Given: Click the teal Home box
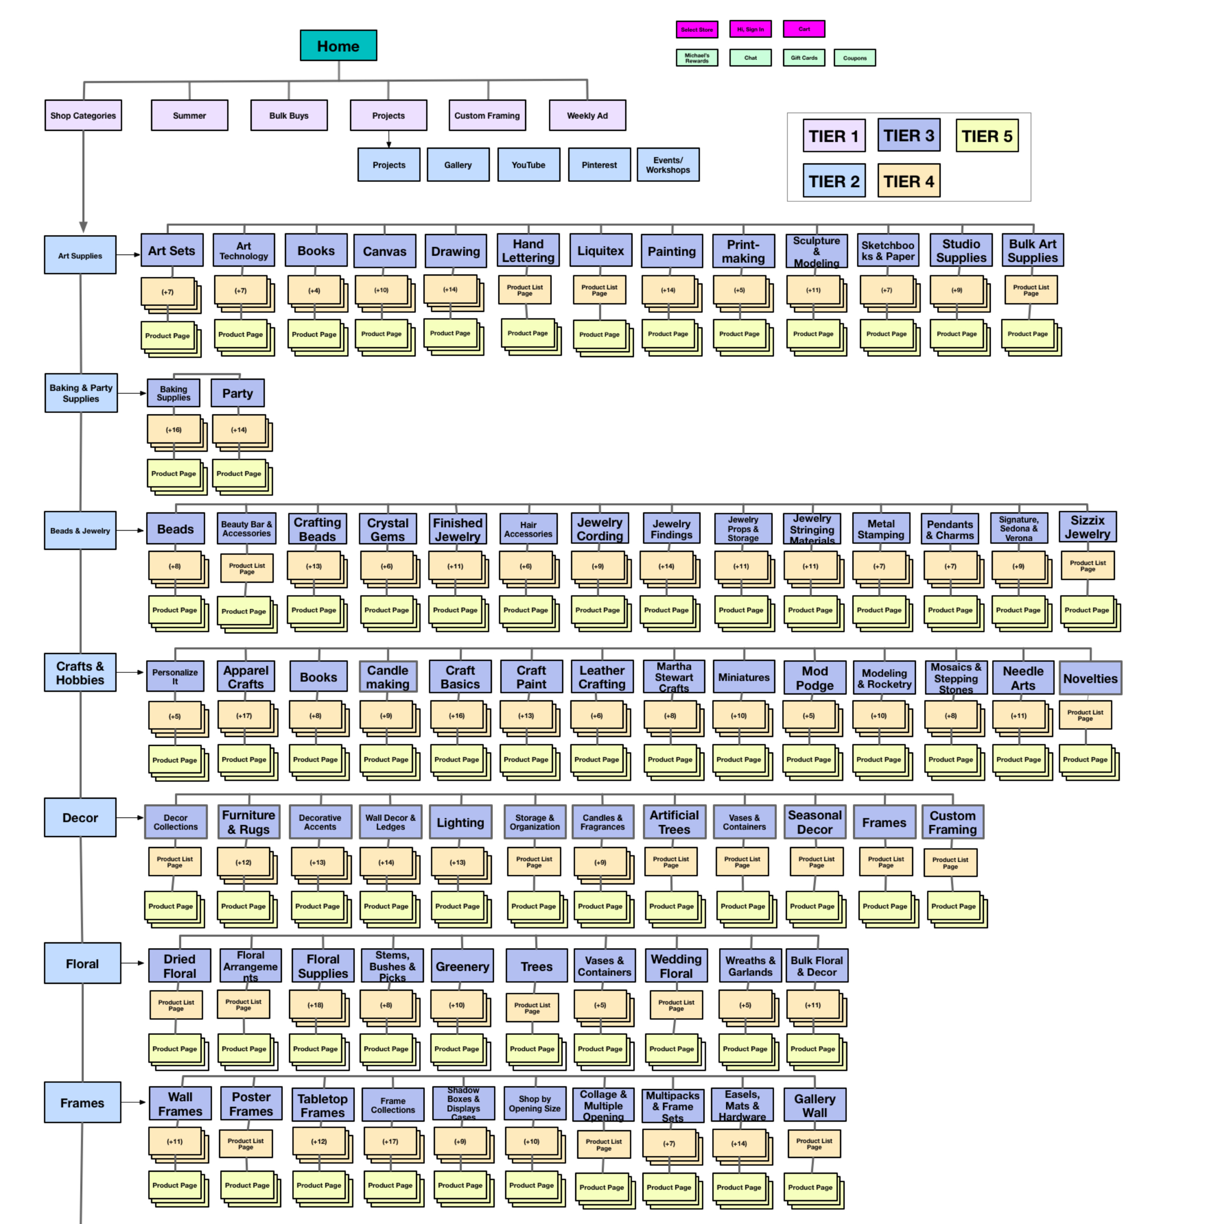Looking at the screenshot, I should pyautogui.click(x=338, y=46).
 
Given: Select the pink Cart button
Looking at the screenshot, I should pyautogui.click(x=803, y=29).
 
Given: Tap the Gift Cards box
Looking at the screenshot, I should pyautogui.click(x=803, y=58).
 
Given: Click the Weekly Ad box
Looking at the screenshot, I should pyautogui.click(x=587, y=116).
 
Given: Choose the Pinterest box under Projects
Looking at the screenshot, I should pyautogui.click(x=599, y=165).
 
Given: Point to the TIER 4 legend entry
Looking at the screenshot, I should pyautogui.click(x=908, y=181).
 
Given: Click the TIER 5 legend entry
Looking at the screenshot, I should pyautogui.click(x=986, y=136).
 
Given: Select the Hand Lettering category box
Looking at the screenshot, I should pyautogui.click(x=528, y=250).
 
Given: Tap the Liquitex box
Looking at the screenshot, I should pyautogui.click(x=600, y=250).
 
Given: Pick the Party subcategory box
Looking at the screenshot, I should pyautogui.click(x=237, y=393).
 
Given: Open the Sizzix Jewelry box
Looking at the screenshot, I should pyautogui.click(x=1087, y=527).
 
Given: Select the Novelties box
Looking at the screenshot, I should pyautogui.click(x=1090, y=678).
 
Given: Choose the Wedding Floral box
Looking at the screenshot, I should pyautogui.click(x=676, y=966).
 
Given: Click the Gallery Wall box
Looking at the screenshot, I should pyautogui.click(x=814, y=1105).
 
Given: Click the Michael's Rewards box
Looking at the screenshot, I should pyautogui.click(x=697, y=58).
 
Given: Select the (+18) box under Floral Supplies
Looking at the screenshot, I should pyautogui.click(x=315, y=1005).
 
